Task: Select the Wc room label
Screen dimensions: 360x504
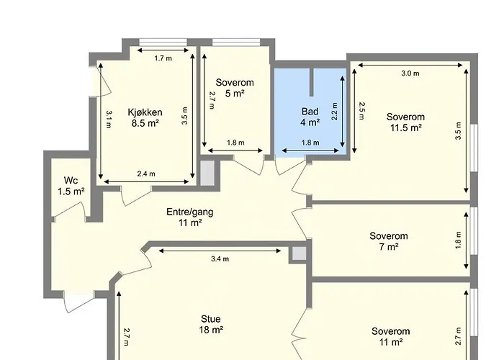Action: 71,186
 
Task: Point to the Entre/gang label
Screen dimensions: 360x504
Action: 189,217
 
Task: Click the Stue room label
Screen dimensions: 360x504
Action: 211,324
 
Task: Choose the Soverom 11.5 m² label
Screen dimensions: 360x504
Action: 405,122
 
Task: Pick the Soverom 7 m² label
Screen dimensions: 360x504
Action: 389,241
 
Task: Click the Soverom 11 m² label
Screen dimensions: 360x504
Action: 391,336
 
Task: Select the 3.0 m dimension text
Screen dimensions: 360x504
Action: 410,73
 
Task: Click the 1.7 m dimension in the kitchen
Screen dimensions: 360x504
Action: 163,58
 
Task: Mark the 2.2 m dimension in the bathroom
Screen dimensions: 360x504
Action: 336,114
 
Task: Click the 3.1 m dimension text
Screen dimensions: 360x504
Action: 108,119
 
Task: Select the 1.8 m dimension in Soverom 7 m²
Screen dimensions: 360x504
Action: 458,240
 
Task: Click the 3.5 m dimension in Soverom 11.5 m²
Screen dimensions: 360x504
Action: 458,135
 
